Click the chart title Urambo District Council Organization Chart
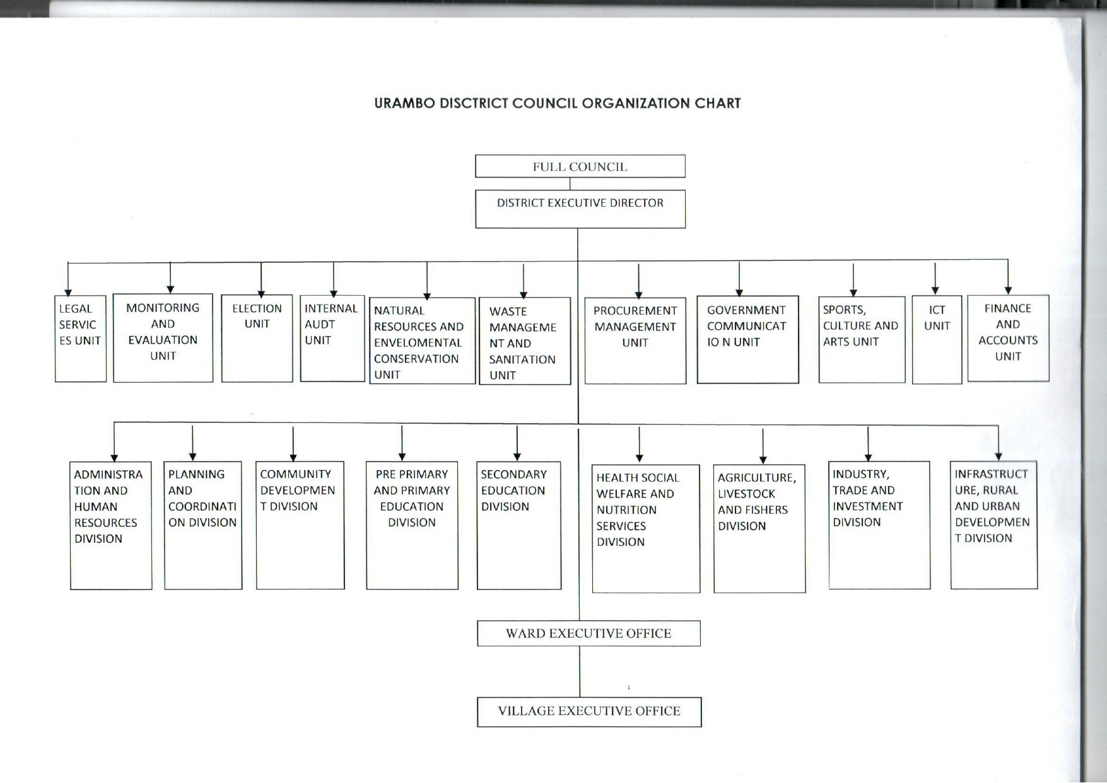[557, 103]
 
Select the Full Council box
[580, 166]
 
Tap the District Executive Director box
[580, 209]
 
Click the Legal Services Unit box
[80, 339]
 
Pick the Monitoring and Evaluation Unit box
[163, 338]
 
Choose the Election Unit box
[257, 338]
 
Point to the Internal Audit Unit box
[332, 338]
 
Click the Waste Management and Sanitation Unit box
[524, 341]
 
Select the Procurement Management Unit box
[635, 340]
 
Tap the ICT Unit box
[937, 339]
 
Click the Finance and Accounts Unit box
[1007, 338]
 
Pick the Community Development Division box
[300, 525]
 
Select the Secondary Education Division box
[518, 525]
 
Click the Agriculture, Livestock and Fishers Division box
[759, 528]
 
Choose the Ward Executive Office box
[588, 633]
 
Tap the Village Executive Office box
[589, 711]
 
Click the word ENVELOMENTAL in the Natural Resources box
[418, 342]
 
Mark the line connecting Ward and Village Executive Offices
[580, 671]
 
